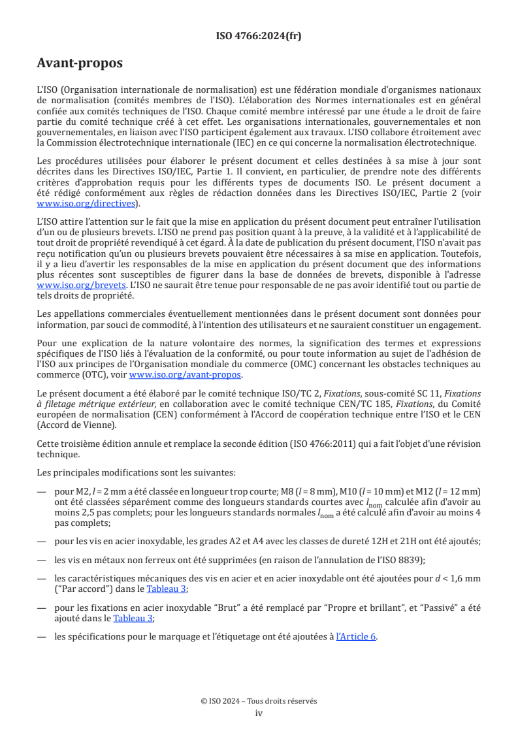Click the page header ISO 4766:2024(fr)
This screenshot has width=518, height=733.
259,36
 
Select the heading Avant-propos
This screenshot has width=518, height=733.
79,63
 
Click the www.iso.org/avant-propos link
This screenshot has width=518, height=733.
185,375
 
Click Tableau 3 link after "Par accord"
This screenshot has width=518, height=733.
167,589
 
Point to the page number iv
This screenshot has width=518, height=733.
259,713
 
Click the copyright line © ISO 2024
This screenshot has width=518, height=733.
259,701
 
